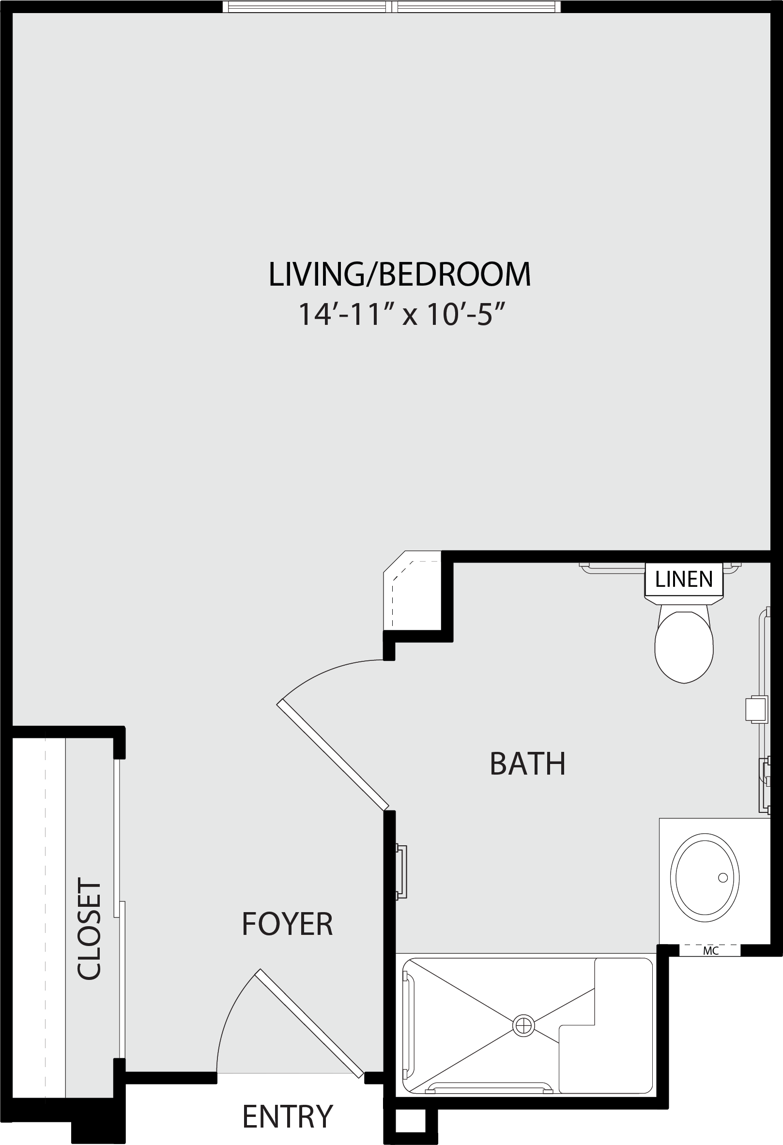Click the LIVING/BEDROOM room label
tap(399, 275)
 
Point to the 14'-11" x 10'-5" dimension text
tap(402, 314)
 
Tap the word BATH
tap(527, 764)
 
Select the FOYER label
tap(287, 924)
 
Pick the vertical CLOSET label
tap(90, 930)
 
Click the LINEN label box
tap(684, 580)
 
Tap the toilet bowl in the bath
tap(684, 646)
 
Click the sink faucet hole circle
tap(723, 877)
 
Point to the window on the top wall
tap(392, 6)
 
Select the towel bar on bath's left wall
tap(401, 872)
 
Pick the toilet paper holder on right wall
tap(756, 709)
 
